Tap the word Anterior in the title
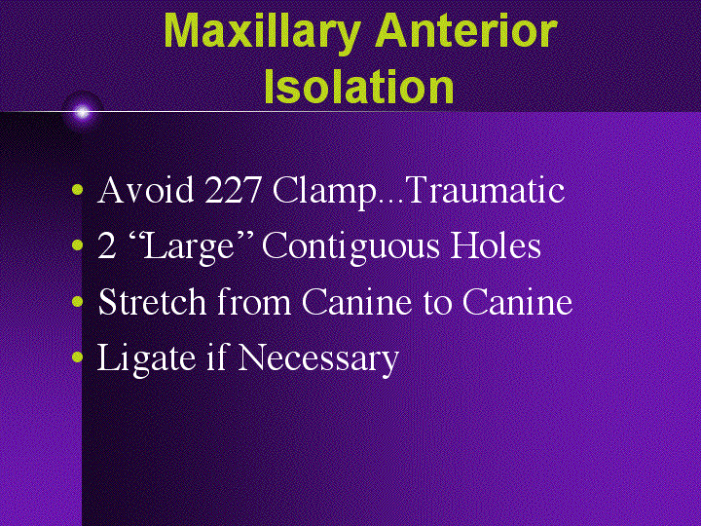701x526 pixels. pos(467,31)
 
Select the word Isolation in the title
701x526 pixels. pos(359,87)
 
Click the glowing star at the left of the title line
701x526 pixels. pos(82,112)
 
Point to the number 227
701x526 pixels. pos(234,190)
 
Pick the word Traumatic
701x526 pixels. pos(484,190)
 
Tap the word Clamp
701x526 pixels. pos(324,191)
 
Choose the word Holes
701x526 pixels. pos(495,245)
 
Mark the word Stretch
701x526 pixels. pos(152,302)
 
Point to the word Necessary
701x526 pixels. pos(317,358)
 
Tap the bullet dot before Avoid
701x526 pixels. pos(77,192)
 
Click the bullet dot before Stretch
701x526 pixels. pos(77,304)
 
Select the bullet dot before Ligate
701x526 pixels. pos(77,359)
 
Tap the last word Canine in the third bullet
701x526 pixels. pos(516,302)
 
